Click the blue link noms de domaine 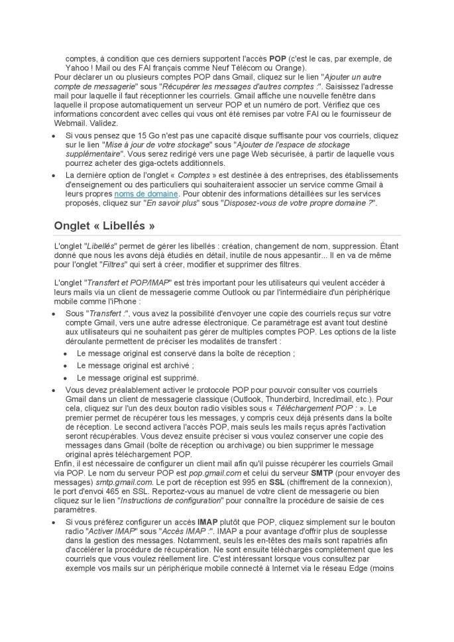(x=146, y=194)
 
